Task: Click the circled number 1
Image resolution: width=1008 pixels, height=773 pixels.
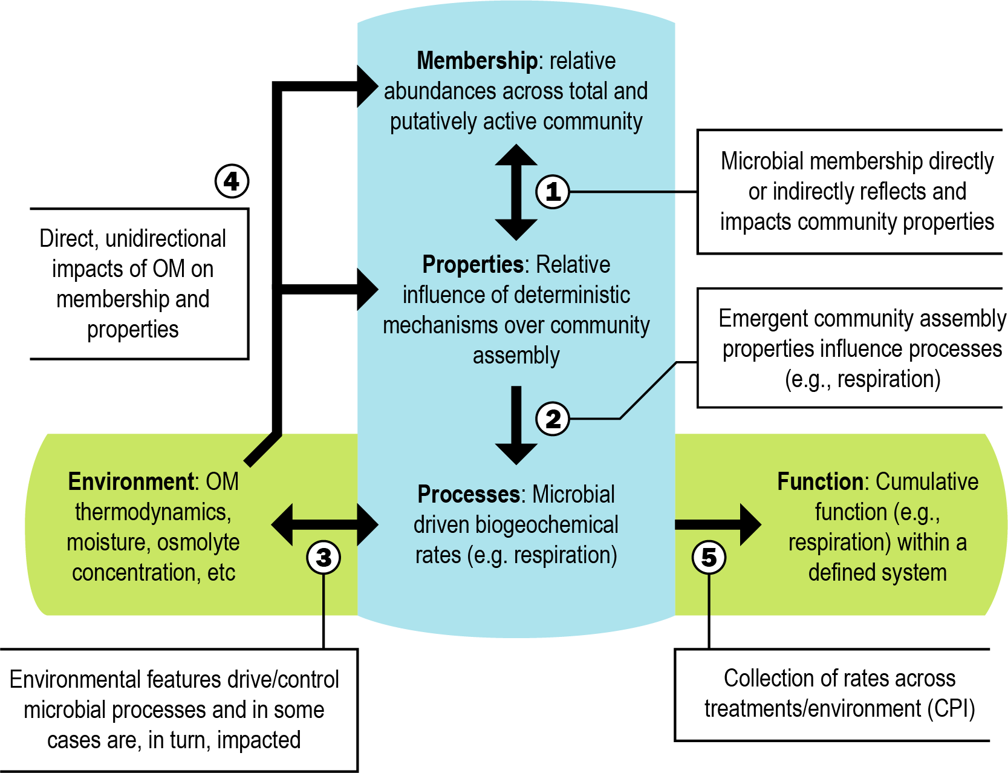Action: (x=553, y=192)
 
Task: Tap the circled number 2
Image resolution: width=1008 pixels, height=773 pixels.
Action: (x=553, y=419)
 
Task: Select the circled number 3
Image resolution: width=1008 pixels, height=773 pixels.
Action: (x=324, y=557)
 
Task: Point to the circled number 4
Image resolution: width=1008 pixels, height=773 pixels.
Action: (x=232, y=181)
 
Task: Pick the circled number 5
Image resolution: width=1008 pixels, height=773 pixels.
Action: (x=709, y=557)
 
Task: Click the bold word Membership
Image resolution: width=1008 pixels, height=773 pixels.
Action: (x=476, y=60)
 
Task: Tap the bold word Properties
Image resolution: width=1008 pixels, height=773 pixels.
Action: (x=472, y=264)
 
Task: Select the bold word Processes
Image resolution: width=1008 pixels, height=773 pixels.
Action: (x=469, y=494)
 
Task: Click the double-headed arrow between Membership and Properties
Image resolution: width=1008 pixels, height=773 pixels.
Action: (x=516, y=192)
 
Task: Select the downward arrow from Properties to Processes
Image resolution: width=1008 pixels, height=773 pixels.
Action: (x=516, y=425)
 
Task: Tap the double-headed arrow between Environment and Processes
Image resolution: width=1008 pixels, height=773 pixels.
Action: (x=325, y=525)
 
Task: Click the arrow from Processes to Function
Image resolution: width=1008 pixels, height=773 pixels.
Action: (x=718, y=525)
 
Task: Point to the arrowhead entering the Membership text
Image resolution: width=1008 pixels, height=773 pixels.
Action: (x=366, y=86)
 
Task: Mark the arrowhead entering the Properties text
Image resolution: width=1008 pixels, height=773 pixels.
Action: (x=366, y=289)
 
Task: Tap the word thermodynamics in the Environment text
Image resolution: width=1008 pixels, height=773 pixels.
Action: (x=153, y=512)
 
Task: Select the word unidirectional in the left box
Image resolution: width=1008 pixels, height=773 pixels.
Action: (x=166, y=238)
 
